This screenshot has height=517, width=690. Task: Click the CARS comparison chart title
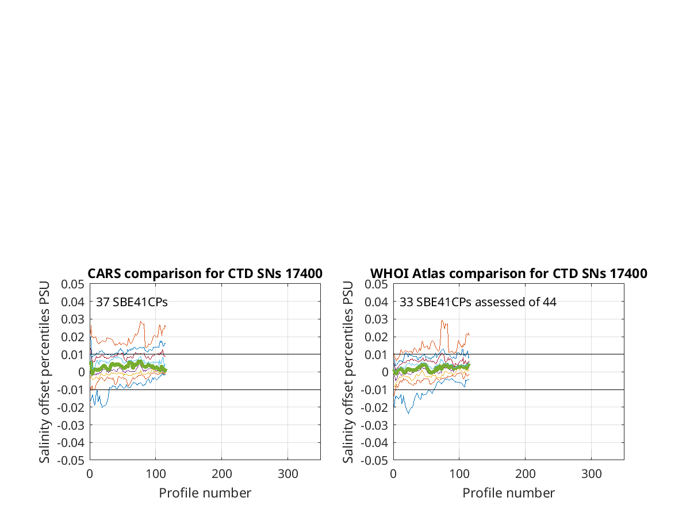(x=205, y=273)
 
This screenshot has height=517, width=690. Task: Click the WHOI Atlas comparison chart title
(x=509, y=273)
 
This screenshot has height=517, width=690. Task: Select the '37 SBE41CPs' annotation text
(x=132, y=302)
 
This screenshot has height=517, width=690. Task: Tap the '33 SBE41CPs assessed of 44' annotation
(x=478, y=302)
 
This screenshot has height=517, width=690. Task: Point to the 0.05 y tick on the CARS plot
(x=72, y=284)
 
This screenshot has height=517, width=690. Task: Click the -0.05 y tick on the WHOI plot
(x=374, y=461)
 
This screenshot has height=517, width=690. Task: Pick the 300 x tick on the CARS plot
(x=287, y=474)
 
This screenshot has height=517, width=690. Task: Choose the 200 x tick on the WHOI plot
(x=525, y=474)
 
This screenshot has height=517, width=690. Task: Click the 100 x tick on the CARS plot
(x=156, y=474)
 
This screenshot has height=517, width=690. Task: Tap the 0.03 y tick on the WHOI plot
(x=376, y=319)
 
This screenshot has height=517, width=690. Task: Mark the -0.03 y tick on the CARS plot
(x=71, y=426)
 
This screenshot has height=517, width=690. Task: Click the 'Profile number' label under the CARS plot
(x=205, y=493)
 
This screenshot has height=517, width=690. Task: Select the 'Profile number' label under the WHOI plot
(x=509, y=493)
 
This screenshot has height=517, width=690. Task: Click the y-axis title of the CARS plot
(x=44, y=372)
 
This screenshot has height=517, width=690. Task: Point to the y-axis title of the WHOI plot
(x=348, y=372)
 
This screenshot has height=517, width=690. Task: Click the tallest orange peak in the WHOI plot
(x=442, y=321)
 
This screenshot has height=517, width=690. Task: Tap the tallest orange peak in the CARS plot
(x=141, y=322)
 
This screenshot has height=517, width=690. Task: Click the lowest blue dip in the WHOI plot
(x=409, y=414)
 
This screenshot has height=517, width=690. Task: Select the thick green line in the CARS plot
(x=128, y=366)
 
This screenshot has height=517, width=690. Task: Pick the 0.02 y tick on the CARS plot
(x=72, y=337)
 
